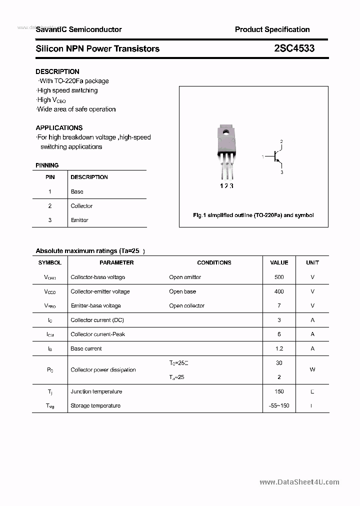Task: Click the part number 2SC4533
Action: (294, 48)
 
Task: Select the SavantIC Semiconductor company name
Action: (78, 29)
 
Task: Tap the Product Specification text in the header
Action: (272, 29)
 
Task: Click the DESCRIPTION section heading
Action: (57, 71)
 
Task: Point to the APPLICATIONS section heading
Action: (59, 127)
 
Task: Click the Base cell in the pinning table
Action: (77, 191)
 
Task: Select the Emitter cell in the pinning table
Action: (79, 220)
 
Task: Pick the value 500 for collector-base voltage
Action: (279, 277)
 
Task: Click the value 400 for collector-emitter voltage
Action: (279, 291)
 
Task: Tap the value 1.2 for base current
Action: (279, 348)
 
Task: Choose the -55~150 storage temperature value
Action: (279, 405)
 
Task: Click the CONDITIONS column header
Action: (214, 262)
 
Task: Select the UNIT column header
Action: (312, 262)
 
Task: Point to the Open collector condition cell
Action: (186, 305)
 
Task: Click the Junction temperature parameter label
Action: (96, 391)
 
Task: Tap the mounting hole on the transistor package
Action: (226, 133)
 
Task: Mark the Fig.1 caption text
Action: (253, 215)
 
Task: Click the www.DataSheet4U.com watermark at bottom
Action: (299, 482)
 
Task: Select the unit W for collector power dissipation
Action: (312, 370)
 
